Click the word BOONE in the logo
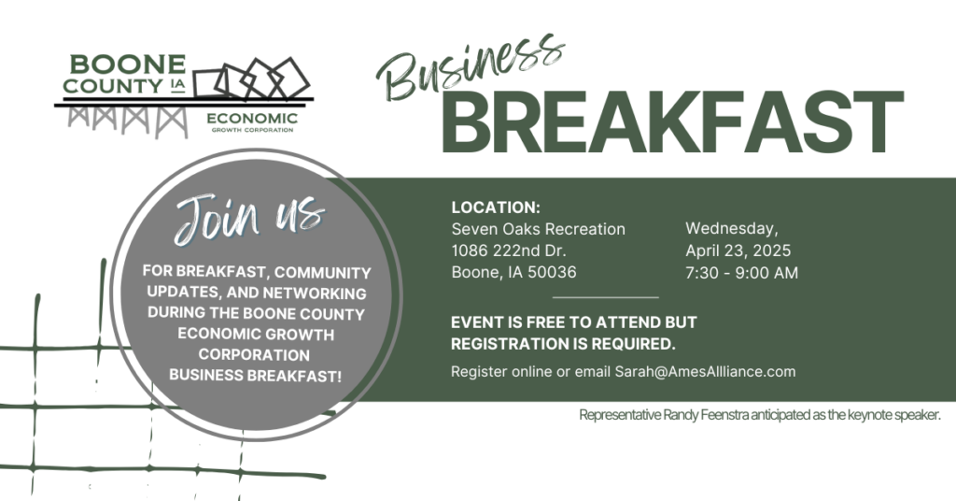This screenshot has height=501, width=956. click(127, 64)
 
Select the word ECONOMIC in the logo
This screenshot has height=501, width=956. click(252, 119)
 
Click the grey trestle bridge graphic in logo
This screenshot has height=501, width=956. click(128, 121)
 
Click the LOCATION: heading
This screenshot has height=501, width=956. click(496, 208)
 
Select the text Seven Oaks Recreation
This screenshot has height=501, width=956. click(539, 229)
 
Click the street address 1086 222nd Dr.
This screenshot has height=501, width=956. click(509, 250)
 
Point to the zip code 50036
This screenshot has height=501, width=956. click(552, 272)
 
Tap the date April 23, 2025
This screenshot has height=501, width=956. click(738, 250)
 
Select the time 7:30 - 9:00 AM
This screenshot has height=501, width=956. click(741, 273)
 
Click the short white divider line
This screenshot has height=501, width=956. click(605, 298)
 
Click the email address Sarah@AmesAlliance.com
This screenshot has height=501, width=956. click(705, 372)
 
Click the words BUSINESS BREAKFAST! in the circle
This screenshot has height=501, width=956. click(256, 376)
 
